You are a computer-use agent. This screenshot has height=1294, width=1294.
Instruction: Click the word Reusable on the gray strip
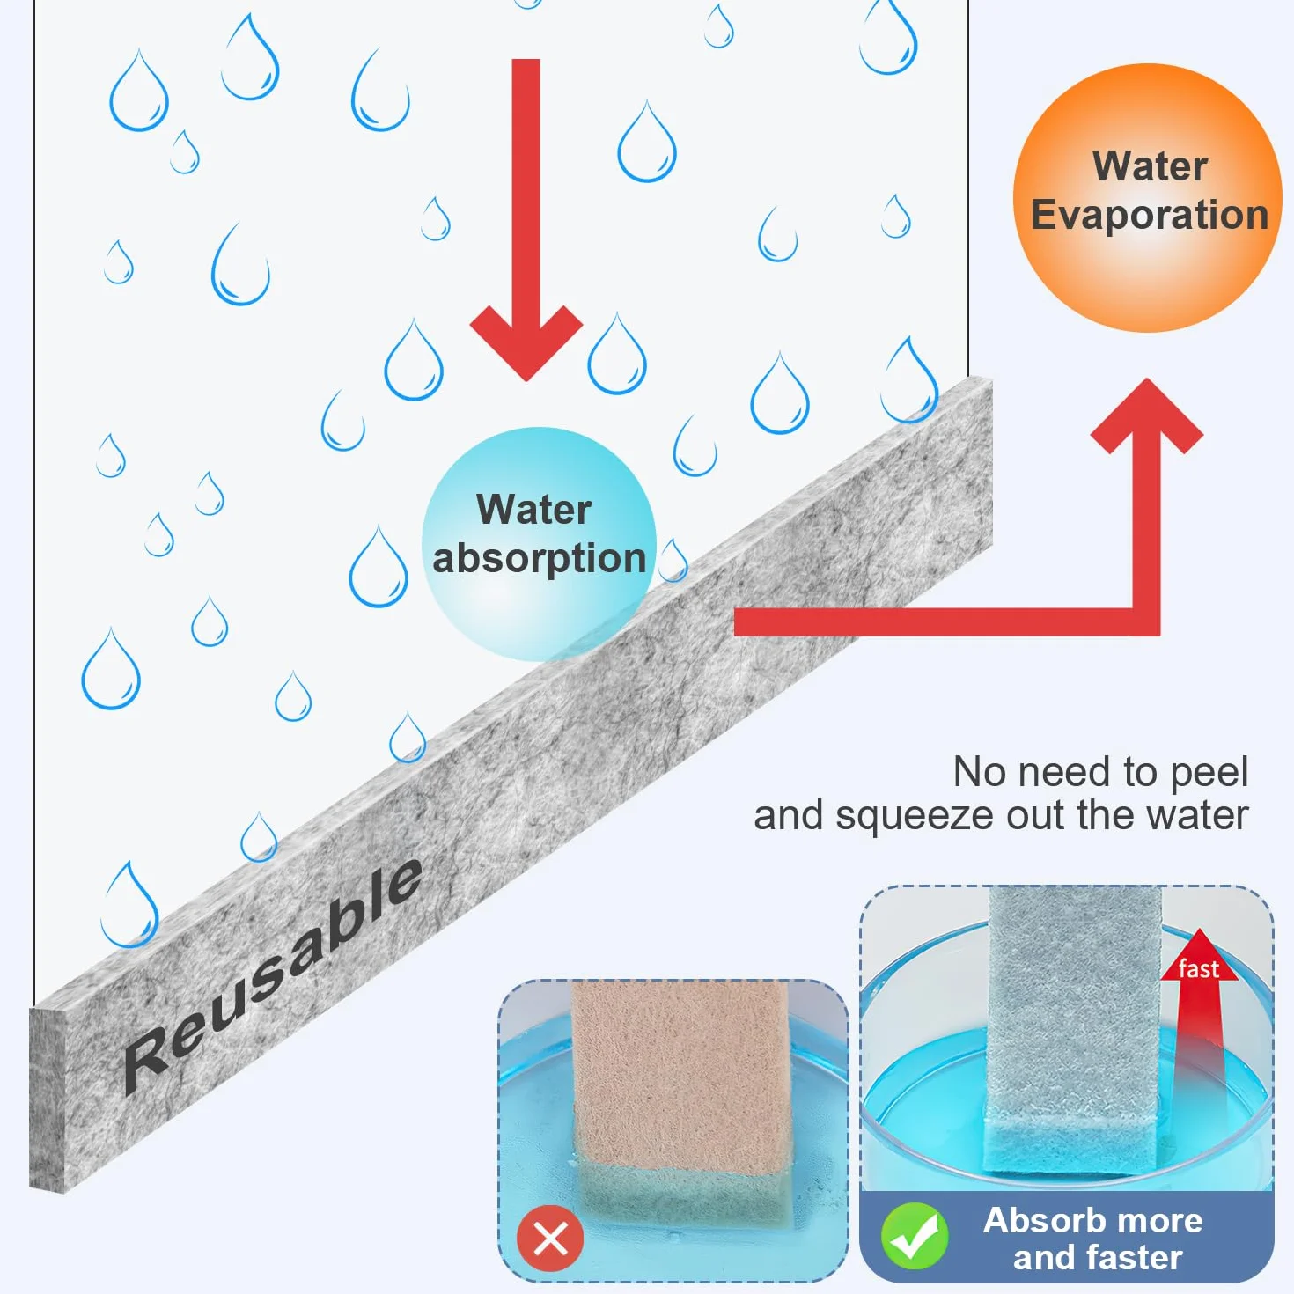click(x=272, y=976)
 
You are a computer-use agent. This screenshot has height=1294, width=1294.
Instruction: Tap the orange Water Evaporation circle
click(x=1148, y=198)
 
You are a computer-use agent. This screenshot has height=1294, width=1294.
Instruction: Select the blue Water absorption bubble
click(x=539, y=545)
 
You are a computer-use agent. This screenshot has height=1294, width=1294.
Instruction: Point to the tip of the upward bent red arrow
click(x=1146, y=379)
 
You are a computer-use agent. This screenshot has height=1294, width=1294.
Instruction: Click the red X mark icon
click(x=550, y=1239)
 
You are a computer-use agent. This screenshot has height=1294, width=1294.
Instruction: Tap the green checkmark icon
click(x=914, y=1236)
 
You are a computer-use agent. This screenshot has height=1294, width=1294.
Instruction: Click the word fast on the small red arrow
click(x=1199, y=969)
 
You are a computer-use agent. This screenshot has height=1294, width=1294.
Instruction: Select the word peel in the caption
click(x=1209, y=773)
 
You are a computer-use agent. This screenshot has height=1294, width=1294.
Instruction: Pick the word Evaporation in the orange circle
click(x=1150, y=215)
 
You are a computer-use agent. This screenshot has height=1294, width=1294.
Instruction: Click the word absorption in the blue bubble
click(x=540, y=559)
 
